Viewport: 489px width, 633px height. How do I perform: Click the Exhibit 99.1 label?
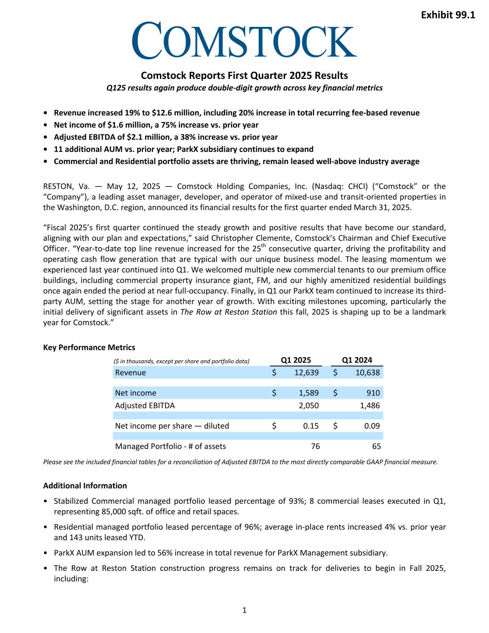[x=448, y=15]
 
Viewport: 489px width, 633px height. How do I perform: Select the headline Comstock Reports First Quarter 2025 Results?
[x=244, y=75]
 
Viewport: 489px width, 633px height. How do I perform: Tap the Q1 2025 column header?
[x=296, y=360]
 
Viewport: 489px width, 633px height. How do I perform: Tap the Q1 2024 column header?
[x=357, y=360]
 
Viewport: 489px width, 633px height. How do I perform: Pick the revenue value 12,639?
[x=306, y=372]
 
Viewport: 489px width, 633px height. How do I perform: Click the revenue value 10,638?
[x=368, y=372]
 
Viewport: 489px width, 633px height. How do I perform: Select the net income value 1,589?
[x=309, y=393]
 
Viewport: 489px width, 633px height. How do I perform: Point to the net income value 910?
[x=373, y=393]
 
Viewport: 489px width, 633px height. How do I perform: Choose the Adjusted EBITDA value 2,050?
[x=309, y=405]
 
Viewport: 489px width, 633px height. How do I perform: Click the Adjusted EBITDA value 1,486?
[x=370, y=405]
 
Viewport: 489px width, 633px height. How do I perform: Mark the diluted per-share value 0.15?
[x=311, y=426]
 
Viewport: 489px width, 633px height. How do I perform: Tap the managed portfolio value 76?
[x=315, y=446]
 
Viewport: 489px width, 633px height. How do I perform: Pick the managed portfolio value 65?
[x=376, y=446]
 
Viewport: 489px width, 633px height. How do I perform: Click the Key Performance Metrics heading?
[x=89, y=347]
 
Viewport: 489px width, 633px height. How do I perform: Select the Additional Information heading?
[x=85, y=486]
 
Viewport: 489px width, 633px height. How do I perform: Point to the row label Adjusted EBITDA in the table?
[x=145, y=405]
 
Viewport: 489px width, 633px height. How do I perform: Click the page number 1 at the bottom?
[x=245, y=610]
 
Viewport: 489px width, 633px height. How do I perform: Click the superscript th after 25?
[x=263, y=246]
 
